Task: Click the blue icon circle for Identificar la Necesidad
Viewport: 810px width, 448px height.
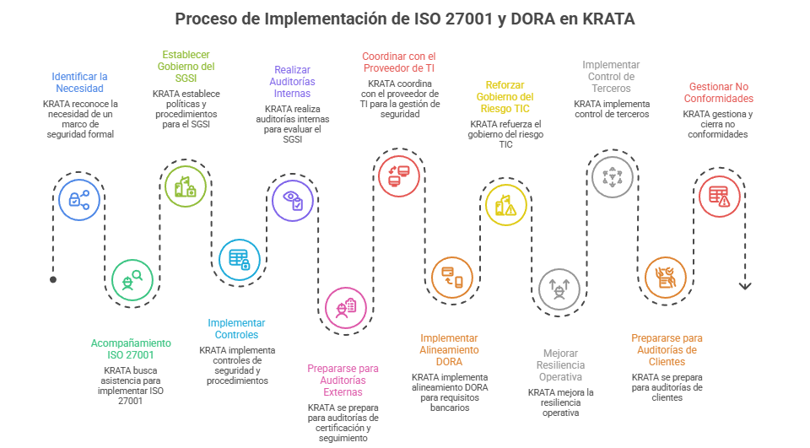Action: tap(78, 200)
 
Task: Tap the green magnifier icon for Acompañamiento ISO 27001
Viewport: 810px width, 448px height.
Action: tap(132, 281)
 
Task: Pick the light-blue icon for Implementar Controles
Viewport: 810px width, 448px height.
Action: tap(240, 259)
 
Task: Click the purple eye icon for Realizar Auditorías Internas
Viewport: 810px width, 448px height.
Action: tap(293, 200)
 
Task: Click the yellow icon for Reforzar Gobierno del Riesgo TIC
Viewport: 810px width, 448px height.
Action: tap(505, 205)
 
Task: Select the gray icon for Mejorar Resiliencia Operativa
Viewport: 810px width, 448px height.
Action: tap(559, 289)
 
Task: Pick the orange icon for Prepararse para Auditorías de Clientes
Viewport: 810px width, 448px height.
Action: tap(665, 278)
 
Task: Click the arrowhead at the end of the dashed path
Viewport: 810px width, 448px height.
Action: tap(744, 287)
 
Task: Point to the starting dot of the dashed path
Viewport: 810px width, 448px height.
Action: tap(53, 279)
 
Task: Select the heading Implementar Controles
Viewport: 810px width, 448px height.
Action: tap(237, 329)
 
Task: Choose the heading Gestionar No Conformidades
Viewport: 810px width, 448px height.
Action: tap(719, 92)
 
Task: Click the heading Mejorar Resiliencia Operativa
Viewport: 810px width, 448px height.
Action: tap(560, 364)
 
